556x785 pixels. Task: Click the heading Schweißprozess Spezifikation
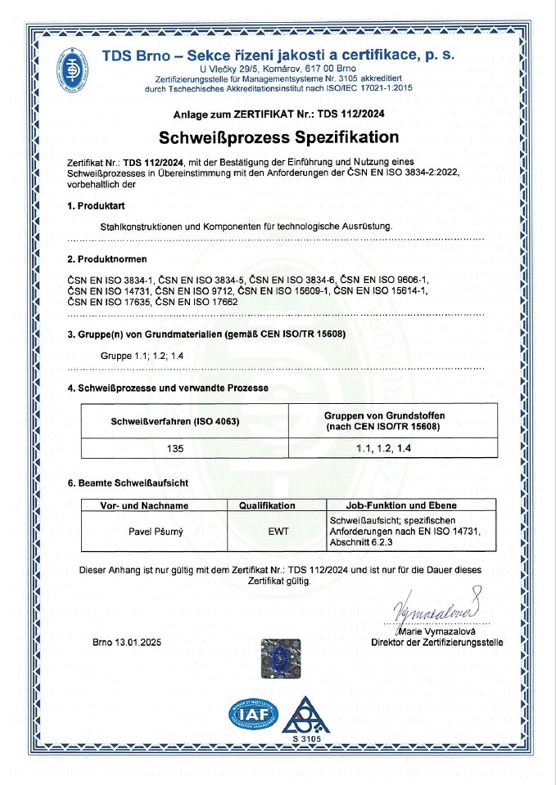(x=278, y=137)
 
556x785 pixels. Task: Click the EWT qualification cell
(x=278, y=532)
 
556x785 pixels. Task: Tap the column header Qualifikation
(x=267, y=505)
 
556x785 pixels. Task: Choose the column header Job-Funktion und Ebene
(x=391, y=505)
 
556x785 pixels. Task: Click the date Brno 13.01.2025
(x=127, y=643)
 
